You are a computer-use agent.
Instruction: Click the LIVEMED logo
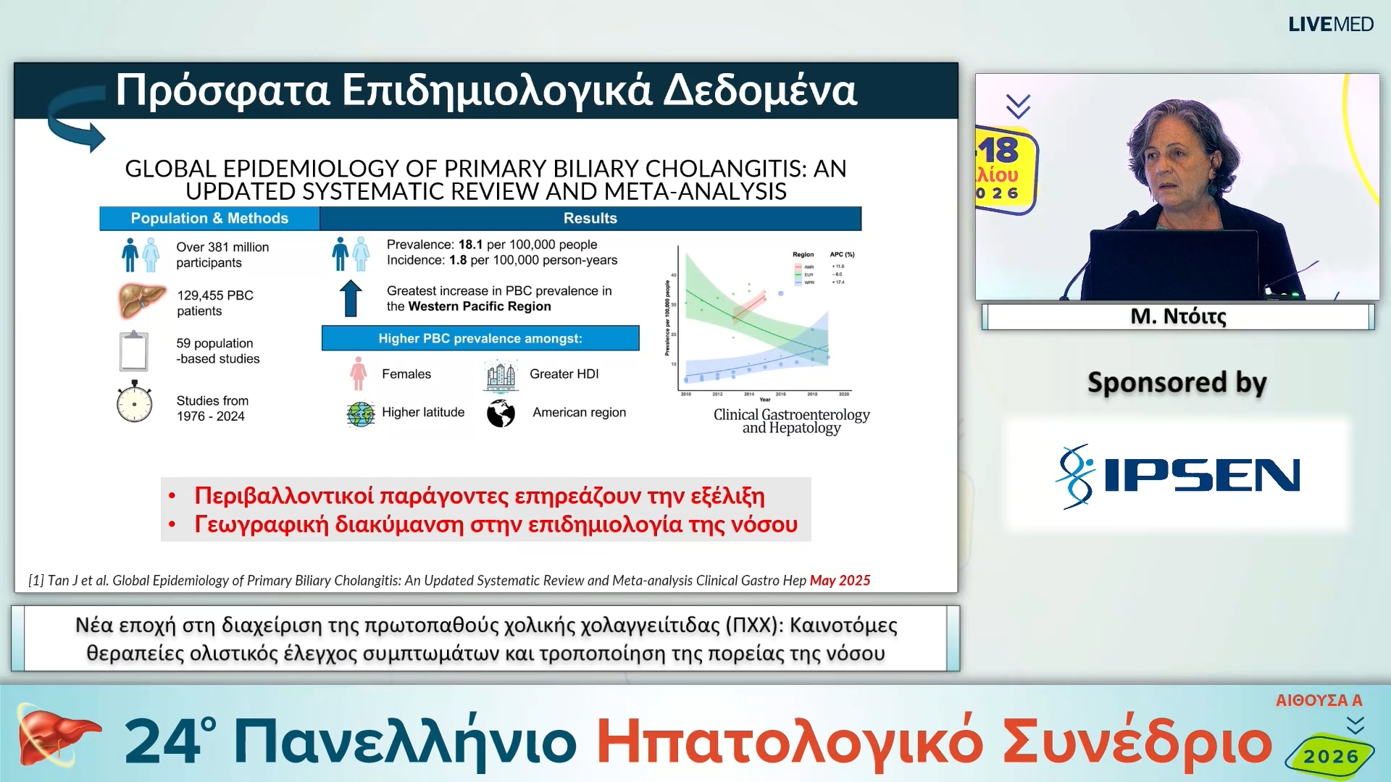[x=1330, y=25]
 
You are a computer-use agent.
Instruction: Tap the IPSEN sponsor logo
[x=1178, y=476]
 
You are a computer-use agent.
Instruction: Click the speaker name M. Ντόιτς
[x=1178, y=316]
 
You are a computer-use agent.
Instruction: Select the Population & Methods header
[x=209, y=218]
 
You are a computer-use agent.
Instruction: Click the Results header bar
[x=590, y=218]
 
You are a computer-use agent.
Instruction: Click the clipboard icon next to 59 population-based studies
[x=134, y=350]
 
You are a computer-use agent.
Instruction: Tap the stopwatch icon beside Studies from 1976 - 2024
[x=134, y=403]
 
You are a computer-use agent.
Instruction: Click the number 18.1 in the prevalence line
[x=470, y=245]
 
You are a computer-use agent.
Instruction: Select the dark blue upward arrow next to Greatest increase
[x=351, y=298]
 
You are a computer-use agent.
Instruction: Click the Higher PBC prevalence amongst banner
[x=480, y=338]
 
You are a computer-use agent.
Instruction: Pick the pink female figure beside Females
[x=358, y=374]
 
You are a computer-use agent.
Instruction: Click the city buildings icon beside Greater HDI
[x=501, y=376]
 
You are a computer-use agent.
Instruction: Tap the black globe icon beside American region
[x=501, y=413]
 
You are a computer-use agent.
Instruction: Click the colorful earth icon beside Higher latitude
[x=361, y=414]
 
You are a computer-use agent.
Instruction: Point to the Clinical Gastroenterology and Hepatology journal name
[x=791, y=421]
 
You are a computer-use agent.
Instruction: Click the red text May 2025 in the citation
[x=840, y=580]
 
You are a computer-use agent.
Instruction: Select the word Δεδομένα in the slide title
[x=760, y=91]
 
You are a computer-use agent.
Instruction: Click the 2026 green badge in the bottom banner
[x=1331, y=757]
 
